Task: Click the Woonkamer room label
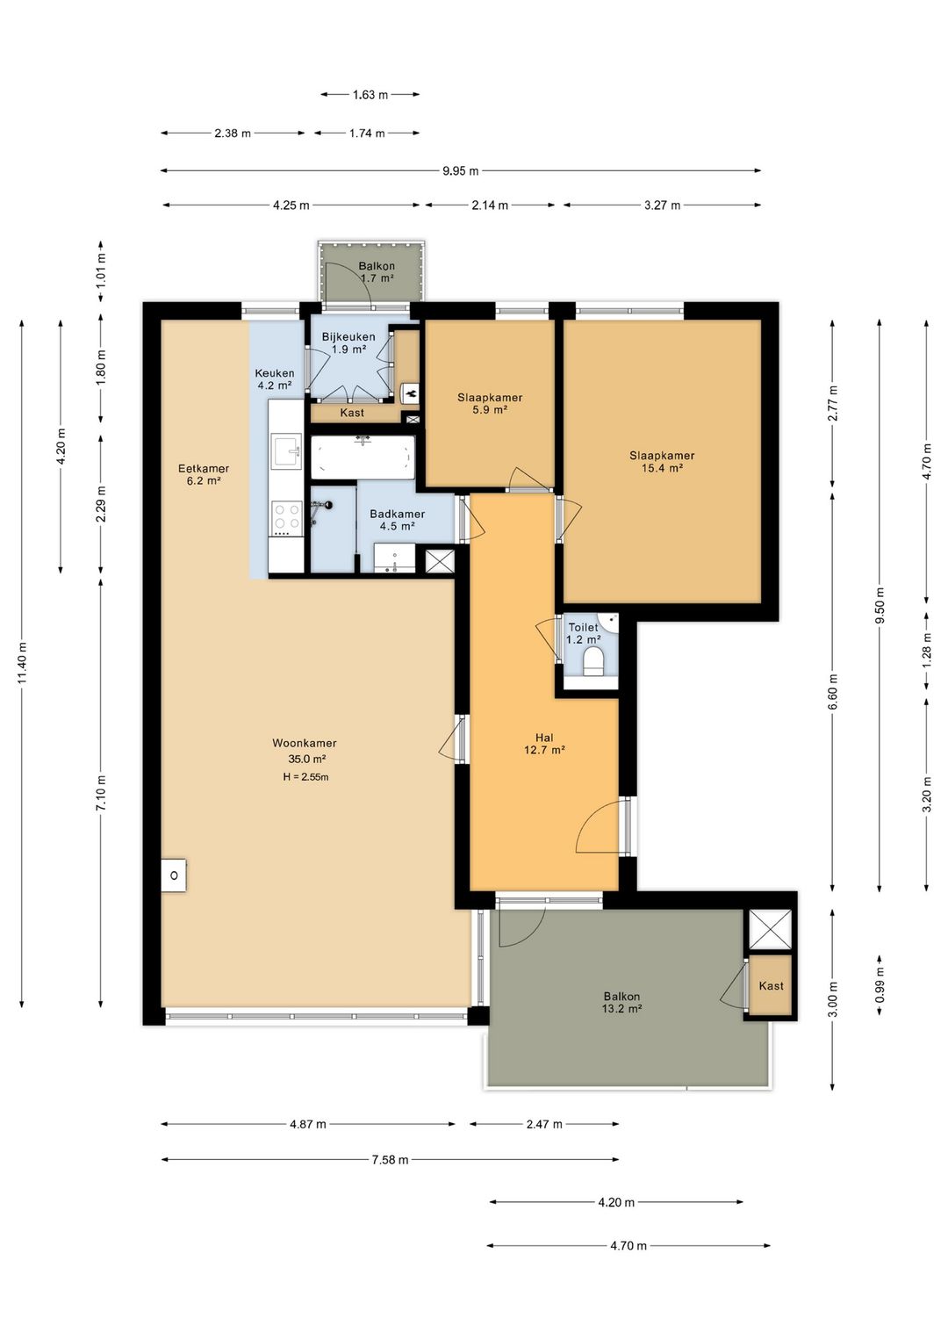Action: [305, 743]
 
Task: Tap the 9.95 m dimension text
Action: [461, 171]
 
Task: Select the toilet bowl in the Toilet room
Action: [592, 664]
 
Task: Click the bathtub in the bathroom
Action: [363, 457]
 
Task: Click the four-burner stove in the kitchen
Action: [288, 518]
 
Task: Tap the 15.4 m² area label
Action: [662, 468]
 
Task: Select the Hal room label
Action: [545, 738]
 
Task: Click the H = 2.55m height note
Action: [305, 777]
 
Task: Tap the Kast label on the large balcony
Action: [771, 985]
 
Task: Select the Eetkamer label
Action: [204, 468]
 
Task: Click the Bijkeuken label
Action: [348, 337]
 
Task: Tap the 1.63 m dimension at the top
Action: [370, 95]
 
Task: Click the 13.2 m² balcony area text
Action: [622, 1009]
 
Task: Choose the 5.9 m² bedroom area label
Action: [490, 410]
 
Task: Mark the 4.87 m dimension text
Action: [308, 1124]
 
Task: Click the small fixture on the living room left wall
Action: [174, 875]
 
